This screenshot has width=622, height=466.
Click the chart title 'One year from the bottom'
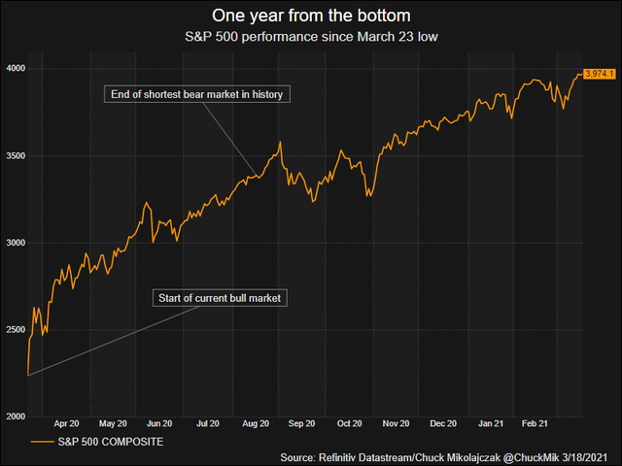[x=310, y=16]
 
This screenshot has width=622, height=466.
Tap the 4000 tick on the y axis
[x=15, y=69]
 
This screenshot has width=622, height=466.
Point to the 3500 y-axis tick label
[x=15, y=156]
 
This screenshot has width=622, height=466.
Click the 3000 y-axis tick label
[x=15, y=243]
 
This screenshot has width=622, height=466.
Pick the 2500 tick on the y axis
[x=15, y=330]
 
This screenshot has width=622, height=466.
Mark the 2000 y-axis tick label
[x=15, y=416]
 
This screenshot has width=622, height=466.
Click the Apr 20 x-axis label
[x=66, y=424]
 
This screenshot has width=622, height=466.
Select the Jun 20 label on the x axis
[x=159, y=424]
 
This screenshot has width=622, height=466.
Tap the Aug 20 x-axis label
[x=255, y=424]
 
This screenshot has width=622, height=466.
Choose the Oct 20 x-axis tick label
[x=350, y=424]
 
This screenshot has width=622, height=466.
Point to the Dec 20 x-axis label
[x=443, y=424]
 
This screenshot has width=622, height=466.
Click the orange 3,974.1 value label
[x=600, y=74]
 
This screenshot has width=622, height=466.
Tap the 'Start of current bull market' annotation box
[x=220, y=298]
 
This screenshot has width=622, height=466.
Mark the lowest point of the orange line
[x=28, y=375]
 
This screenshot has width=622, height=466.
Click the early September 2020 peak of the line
[x=281, y=143]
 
